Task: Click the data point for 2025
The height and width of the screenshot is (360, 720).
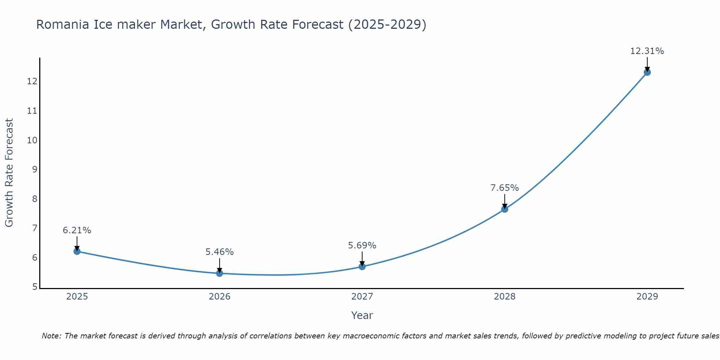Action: click(77, 251)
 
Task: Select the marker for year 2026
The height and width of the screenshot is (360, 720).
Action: click(220, 273)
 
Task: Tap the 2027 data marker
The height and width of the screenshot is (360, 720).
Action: click(362, 266)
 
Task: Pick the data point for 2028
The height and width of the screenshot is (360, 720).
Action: click(505, 209)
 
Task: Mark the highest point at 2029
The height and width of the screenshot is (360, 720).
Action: click(647, 72)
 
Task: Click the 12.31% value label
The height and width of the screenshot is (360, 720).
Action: click(647, 51)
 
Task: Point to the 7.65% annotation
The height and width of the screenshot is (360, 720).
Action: click(504, 188)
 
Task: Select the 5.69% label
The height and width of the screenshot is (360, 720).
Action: click(362, 246)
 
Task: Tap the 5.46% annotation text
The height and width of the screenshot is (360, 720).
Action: click(219, 252)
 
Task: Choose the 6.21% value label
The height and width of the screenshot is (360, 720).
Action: click(77, 230)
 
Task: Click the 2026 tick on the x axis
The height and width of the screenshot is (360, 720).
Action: click(220, 297)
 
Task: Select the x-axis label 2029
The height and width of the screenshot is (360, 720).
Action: click(647, 297)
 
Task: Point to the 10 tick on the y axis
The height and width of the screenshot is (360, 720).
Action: click(32, 140)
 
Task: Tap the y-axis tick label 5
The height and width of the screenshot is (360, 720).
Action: click(35, 287)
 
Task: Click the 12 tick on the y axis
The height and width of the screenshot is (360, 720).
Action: click(32, 81)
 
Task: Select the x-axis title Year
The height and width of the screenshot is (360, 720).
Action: click(362, 315)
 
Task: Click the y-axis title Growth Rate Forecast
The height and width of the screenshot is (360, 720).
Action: click(9, 173)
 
